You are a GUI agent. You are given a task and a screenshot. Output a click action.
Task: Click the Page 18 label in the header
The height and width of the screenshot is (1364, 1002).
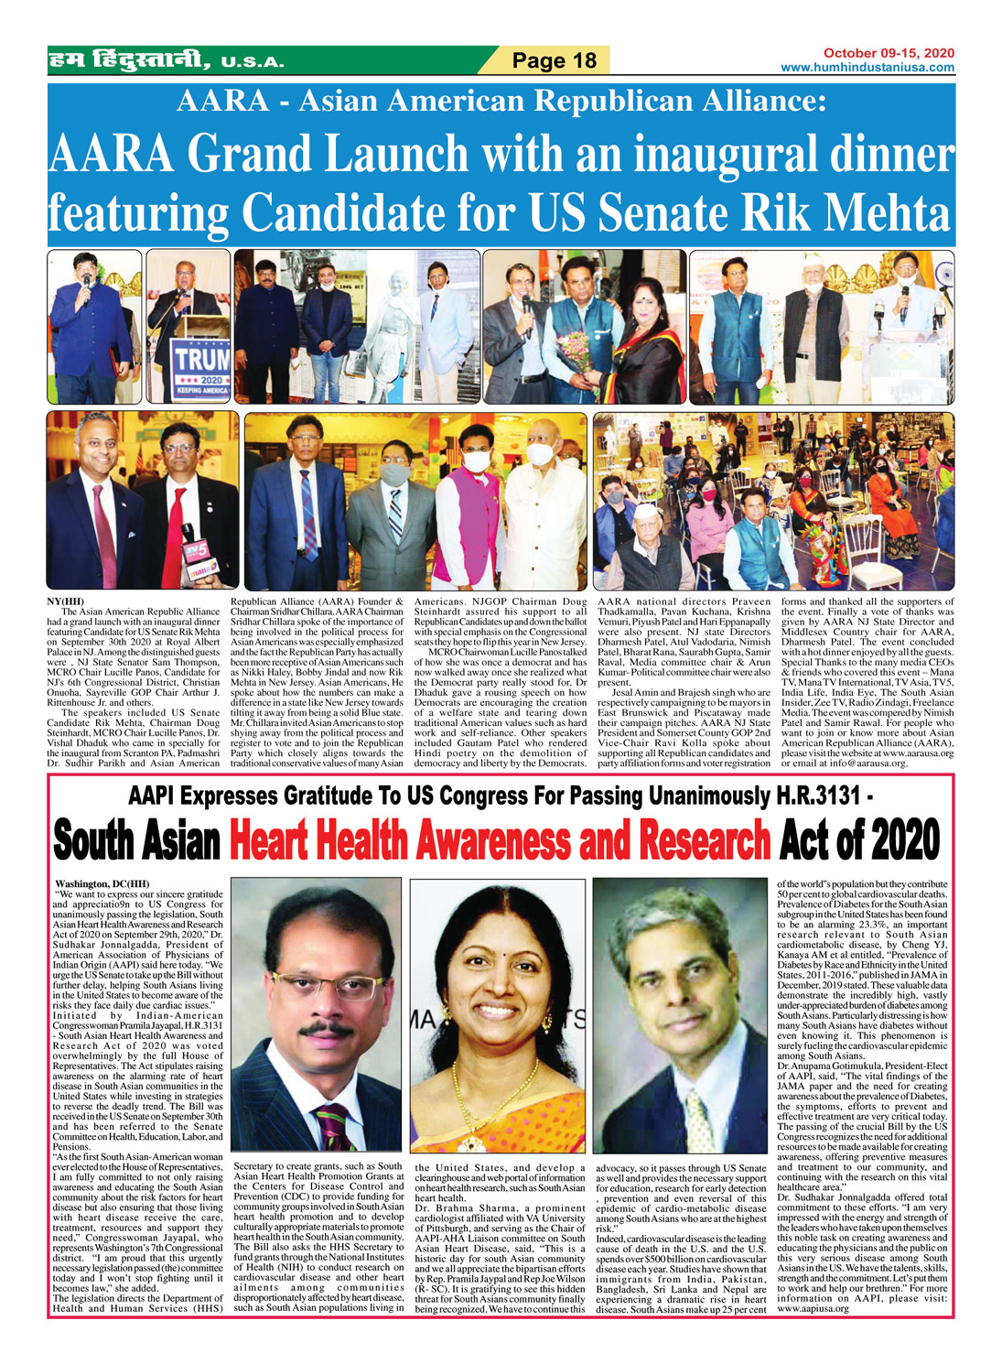(x=554, y=61)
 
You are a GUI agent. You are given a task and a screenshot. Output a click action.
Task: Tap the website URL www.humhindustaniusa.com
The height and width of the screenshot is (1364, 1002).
(x=867, y=68)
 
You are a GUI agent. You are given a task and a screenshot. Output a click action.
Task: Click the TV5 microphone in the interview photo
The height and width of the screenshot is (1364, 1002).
(x=198, y=554)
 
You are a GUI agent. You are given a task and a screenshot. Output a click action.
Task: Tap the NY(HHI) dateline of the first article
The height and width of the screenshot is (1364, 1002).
(x=65, y=601)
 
